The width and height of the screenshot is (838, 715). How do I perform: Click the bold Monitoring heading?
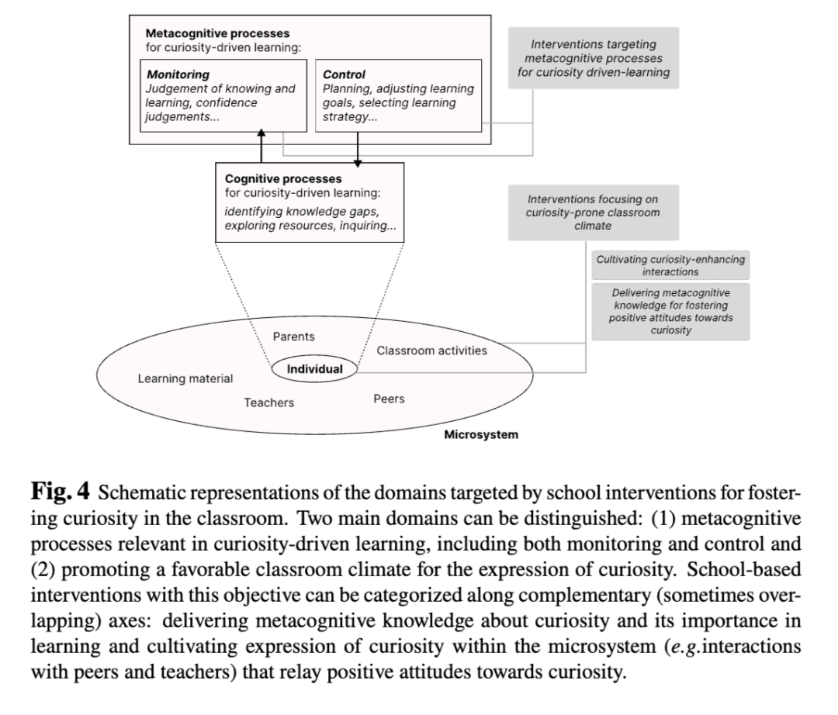178,74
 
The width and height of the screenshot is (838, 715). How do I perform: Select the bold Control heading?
345,74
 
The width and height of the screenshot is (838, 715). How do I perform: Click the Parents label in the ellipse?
293,337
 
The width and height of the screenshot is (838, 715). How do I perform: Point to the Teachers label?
268,402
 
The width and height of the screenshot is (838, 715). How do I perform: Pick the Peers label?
389,399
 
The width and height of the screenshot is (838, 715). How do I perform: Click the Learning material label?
185,378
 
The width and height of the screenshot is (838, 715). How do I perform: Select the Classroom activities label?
432,351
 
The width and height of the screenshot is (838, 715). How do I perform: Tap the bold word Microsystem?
481,434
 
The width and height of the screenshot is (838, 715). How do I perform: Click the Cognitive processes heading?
283,179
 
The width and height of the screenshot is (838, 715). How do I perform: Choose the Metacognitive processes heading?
217,33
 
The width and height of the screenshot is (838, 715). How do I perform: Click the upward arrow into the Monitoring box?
261,146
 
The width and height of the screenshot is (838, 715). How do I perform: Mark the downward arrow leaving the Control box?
358,150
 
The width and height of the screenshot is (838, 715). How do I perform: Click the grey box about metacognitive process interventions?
594,58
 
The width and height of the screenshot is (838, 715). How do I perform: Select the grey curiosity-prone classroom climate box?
594,212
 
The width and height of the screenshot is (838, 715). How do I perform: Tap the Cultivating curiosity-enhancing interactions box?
670,265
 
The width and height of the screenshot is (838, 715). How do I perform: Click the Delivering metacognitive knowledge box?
670,311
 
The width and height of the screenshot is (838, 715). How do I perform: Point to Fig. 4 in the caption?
61,491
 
